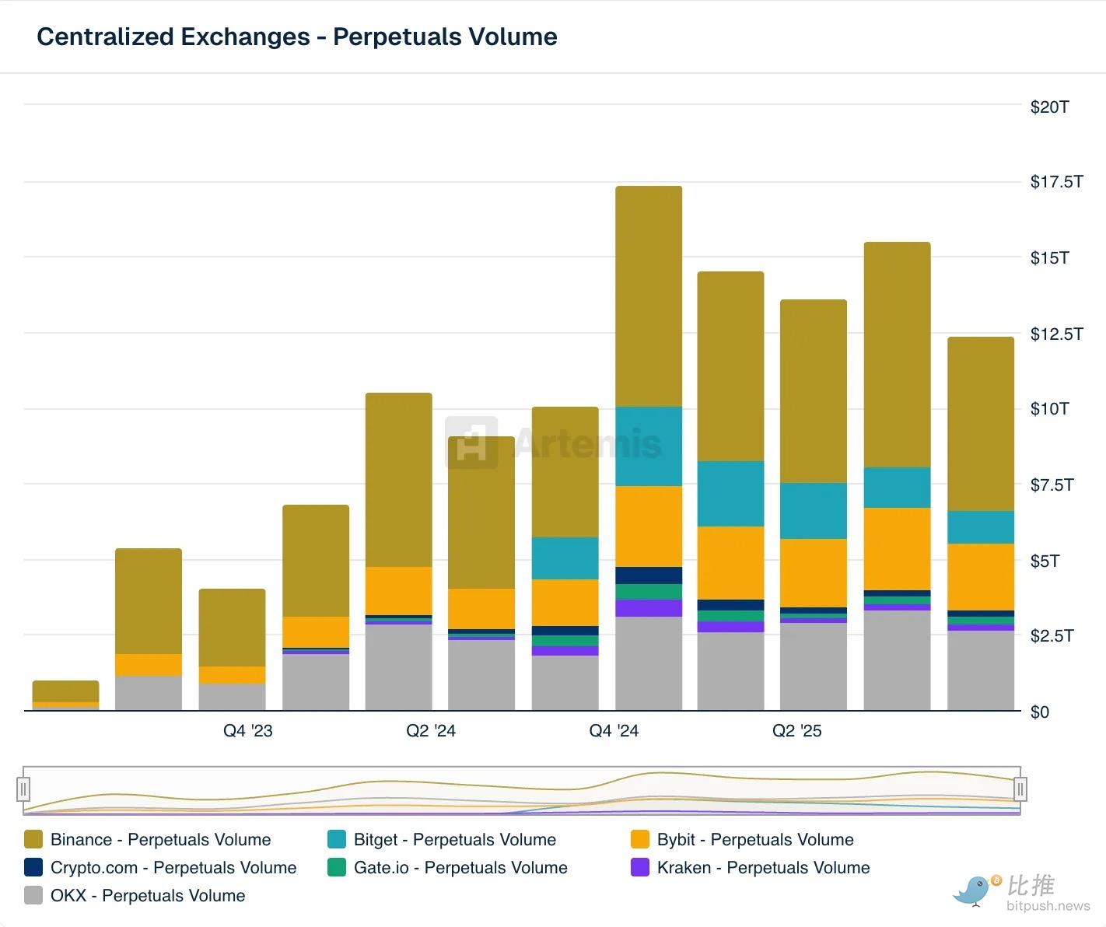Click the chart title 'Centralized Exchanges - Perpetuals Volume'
click(297, 37)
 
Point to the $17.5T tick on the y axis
click(1056, 182)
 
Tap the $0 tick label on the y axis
click(1039, 712)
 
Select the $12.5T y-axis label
click(1056, 334)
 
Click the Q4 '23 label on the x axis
click(248, 730)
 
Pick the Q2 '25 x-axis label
click(796, 730)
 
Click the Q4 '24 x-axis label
click(614, 730)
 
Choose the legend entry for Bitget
click(454, 840)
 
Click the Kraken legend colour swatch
click(640, 868)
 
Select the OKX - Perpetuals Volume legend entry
click(147, 896)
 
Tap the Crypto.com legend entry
click(173, 868)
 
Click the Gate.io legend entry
click(460, 868)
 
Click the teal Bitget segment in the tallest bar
click(649, 446)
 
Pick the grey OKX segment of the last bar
click(981, 670)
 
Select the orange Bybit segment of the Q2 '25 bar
click(814, 572)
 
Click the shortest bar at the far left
click(65, 694)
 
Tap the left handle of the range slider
click(24, 789)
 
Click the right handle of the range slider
click(1020, 789)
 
